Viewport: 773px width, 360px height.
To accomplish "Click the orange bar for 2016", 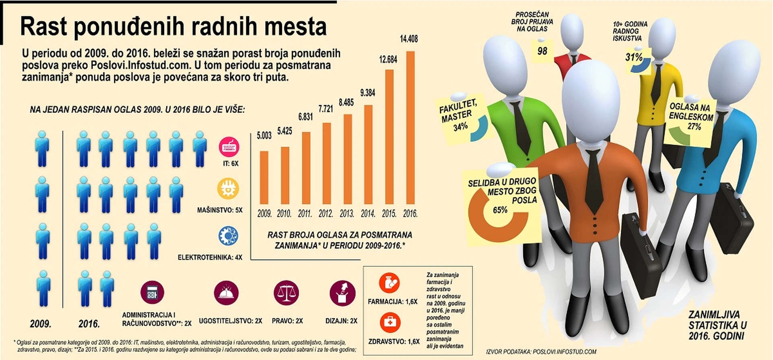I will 410,127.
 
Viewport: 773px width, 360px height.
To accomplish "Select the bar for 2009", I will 264,177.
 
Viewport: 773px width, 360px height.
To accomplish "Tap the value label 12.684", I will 388,60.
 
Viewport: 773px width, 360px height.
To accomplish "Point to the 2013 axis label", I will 347,213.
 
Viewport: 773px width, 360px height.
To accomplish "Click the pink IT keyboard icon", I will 229,147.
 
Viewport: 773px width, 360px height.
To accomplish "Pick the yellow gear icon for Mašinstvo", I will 228,188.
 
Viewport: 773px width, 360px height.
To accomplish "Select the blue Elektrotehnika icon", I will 228,236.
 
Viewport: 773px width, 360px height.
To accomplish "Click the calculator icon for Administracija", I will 152,292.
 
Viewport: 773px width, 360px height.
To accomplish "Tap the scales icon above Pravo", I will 286,293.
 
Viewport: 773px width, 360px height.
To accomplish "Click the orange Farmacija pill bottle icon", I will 389,283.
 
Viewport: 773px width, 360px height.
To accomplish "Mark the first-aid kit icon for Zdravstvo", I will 390,323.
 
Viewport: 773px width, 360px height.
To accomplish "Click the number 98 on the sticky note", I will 542,51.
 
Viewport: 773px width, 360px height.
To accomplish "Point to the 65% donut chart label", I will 500,210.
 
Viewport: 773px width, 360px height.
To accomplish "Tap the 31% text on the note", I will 634,57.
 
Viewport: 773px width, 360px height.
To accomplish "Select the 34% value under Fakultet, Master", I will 460,127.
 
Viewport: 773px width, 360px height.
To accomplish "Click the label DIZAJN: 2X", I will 341,321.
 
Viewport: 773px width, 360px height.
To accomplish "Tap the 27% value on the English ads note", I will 694,126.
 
